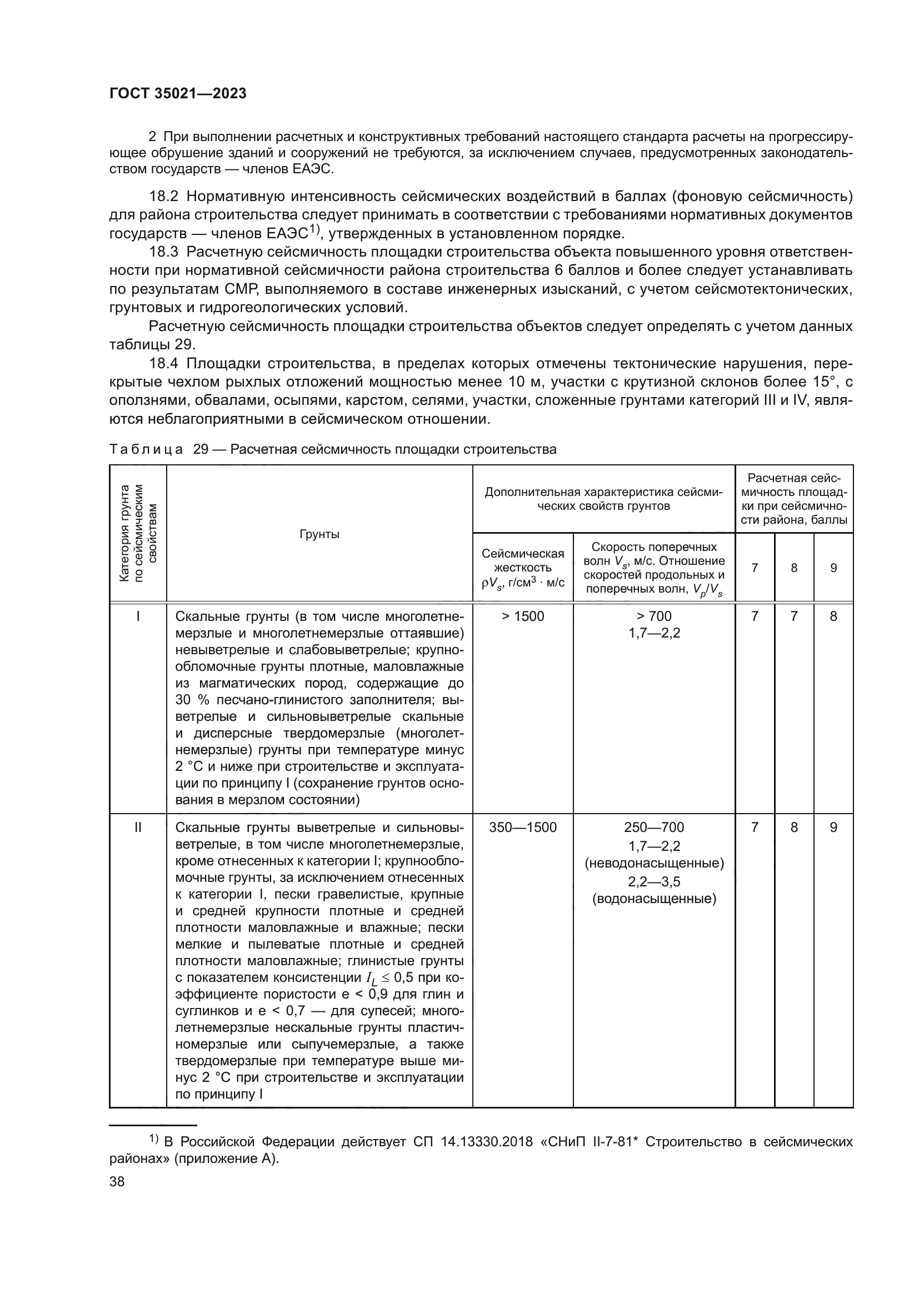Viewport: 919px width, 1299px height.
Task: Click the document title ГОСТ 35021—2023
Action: coord(178,94)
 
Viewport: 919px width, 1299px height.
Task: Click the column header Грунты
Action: coord(319,535)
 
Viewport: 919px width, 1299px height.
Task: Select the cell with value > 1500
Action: coord(522,616)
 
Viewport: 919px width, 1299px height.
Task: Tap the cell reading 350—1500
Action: coord(522,827)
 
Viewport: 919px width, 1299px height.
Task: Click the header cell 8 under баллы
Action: coord(794,568)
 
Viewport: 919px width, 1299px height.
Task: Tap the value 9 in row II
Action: coord(833,827)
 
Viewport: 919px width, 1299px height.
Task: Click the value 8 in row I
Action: coord(833,616)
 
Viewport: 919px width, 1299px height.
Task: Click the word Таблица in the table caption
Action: coord(146,449)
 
